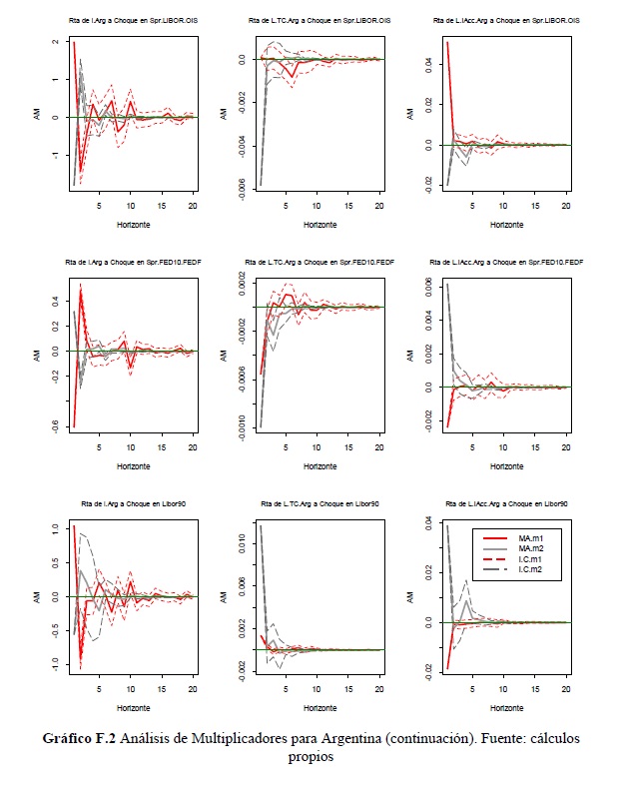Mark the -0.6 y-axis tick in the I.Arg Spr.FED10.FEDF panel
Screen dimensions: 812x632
[x=41, y=426]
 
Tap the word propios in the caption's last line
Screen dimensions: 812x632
[x=310, y=757]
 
